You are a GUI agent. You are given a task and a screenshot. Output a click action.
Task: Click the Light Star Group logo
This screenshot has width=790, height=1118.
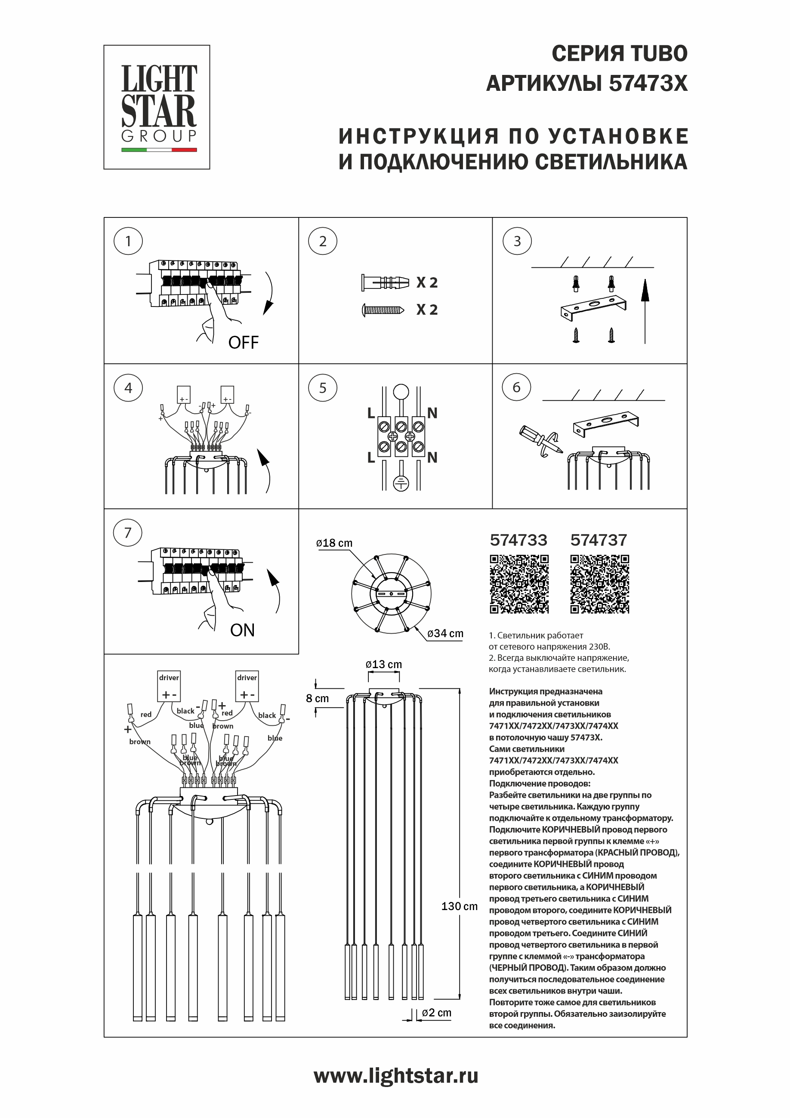click(x=157, y=107)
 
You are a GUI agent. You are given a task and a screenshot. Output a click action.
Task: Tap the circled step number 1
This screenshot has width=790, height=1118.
click(x=128, y=241)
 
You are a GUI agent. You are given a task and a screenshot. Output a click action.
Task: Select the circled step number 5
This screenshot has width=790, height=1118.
click(x=322, y=387)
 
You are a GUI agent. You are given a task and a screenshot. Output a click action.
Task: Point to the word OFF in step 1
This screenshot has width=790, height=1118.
click(x=244, y=342)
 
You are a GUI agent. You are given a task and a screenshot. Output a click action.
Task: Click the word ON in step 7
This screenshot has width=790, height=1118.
click(x=242, y=630)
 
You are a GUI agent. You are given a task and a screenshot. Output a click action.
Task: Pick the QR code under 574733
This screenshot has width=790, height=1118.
click(x=519, y=583)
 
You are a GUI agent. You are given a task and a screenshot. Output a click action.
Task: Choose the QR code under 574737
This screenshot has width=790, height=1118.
click(x=599, y=583)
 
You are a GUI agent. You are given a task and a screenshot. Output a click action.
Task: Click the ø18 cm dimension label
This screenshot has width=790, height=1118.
click(x=334, y=543)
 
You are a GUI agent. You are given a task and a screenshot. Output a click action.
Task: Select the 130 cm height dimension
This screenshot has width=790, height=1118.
click(x=459, y=906)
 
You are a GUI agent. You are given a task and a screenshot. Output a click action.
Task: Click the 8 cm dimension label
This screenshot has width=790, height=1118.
click(x=318, y=698)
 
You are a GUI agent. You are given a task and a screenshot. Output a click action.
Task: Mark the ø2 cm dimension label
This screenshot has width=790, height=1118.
click(x=436, y=1013)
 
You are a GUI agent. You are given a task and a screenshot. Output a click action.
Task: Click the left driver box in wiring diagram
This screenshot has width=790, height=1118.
click(x=169, y=686)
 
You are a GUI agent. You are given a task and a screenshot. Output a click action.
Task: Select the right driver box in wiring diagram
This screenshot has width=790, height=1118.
click(x=247, y=686)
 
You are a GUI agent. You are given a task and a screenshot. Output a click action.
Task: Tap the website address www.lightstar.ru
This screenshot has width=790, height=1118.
click(x=395, y=1076)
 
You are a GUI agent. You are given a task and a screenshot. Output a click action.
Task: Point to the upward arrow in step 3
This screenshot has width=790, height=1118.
click(x=645, y=312)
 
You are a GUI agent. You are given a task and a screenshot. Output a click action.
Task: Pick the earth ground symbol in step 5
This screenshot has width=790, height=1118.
click(x=401, y=483)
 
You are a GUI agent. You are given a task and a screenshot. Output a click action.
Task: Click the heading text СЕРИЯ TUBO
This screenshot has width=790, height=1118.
click(x=619, y=53)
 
